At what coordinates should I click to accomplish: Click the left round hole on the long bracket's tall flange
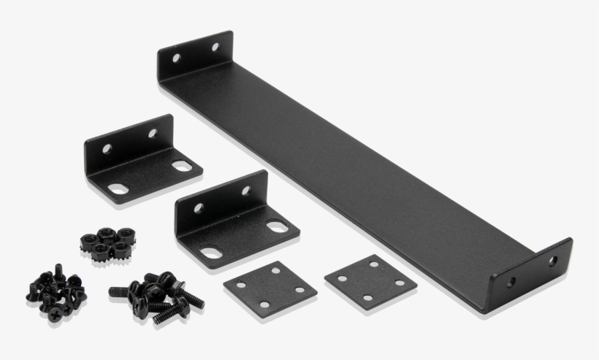pos(176,57)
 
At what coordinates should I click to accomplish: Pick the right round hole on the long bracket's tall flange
pos(215,47)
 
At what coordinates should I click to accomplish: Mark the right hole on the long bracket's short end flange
pos(554,259)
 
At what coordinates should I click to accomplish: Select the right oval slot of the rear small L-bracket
pos(181,166)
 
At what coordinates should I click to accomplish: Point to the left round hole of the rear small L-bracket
pos(107,148)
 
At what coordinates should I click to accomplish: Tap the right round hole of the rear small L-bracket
pos(152,134)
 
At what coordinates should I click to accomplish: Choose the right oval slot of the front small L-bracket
pos(277,226)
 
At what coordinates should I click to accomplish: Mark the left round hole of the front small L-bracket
pos(197,207)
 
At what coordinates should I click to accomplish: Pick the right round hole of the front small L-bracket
pos(245,191)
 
